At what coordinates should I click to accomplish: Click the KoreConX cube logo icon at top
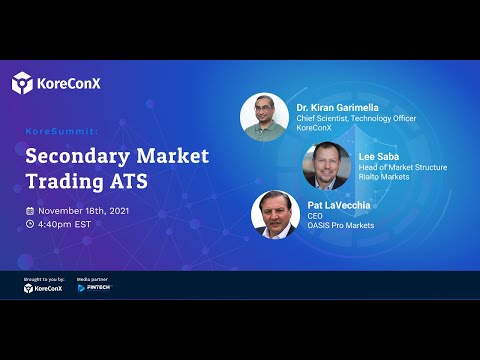coord(22,83)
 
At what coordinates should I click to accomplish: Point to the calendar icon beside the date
coord(30,211)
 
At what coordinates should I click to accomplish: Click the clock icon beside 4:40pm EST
coord(30,224)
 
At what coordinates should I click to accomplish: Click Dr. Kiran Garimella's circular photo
coord(264,117)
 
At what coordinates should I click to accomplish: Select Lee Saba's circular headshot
coord(326,166)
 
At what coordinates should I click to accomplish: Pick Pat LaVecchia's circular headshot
coord(276,215)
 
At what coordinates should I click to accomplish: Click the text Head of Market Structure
coord(402,166)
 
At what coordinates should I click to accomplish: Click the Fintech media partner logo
coord(95,288)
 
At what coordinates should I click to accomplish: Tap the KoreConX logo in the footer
coord(42,288)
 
